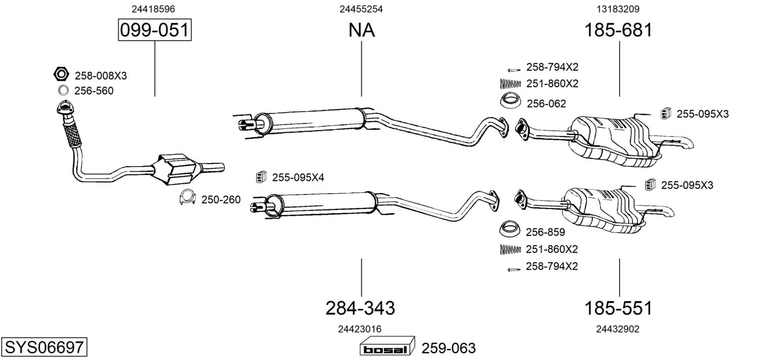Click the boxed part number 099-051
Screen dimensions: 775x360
154,30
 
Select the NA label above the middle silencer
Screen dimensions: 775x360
362,30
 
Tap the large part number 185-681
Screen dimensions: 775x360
618,30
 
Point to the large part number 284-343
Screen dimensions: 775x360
360,308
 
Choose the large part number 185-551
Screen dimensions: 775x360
618,308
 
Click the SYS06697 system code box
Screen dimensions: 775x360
44,347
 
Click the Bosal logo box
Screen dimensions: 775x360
387,346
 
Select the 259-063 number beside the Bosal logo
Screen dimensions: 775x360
448,348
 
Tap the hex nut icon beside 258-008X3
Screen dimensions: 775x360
61,74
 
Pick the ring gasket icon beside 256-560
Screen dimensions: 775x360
63,91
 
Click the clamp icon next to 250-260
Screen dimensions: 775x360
187,197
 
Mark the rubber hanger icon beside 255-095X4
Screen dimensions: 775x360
261,177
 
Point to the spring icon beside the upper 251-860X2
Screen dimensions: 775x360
510,84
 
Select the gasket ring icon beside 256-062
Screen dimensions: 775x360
511,101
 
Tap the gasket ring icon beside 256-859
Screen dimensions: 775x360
510,229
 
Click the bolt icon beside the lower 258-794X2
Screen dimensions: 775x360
514,269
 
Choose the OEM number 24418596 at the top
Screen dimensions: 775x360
153,9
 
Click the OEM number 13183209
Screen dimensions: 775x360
618,9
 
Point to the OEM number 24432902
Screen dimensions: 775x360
617,329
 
